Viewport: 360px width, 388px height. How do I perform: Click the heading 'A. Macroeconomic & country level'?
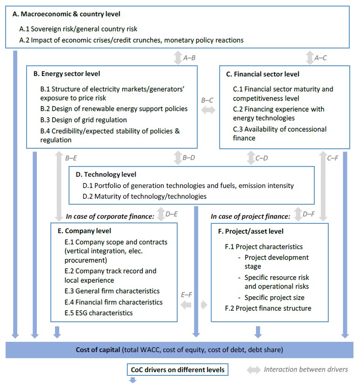coord(67,14)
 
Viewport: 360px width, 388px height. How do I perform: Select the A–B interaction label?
coord(189,58)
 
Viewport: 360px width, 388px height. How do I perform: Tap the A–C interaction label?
coord(320,58)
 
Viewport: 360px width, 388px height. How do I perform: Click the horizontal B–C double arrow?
coord(208,110)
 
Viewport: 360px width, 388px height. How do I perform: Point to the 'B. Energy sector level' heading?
coord(66,74)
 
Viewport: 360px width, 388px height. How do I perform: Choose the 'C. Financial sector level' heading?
coord(263,74)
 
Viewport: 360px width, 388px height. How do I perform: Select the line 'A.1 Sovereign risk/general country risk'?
coord(78,29)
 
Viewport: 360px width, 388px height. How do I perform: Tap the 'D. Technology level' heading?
coord(106,175)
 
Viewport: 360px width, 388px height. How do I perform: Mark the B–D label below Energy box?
coord(189,158)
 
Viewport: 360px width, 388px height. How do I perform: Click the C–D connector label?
coord(262,158)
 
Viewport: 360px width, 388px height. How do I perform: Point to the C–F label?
coord(332,158)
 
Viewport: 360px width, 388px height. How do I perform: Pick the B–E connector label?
coord(71,158)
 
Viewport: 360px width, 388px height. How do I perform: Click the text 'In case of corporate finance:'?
coord(110,216)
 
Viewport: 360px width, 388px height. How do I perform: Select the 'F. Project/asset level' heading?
coord(254,231)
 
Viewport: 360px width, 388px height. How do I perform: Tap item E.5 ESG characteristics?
coord(98,313)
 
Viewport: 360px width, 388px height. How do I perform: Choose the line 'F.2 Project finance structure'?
coord(268,308)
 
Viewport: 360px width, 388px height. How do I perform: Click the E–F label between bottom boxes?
coord(187,295)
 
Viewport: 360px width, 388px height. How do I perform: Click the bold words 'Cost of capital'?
coord(97,350)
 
